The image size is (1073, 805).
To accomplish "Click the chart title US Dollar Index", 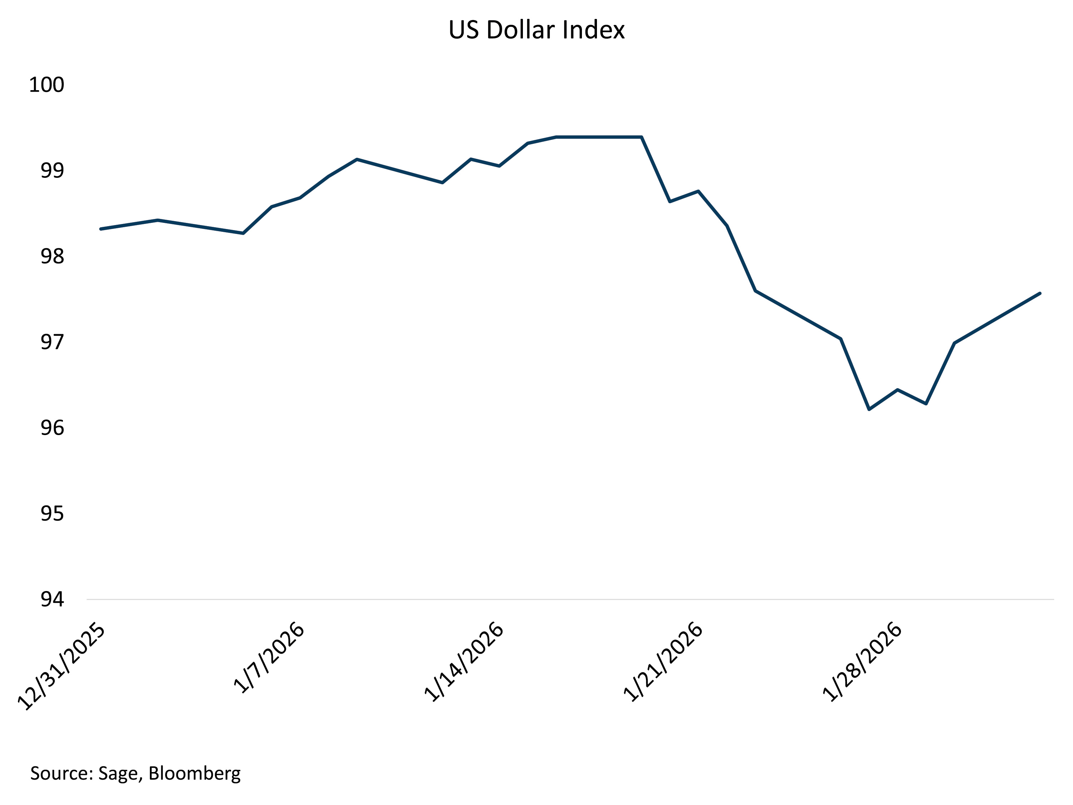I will pos(536,30).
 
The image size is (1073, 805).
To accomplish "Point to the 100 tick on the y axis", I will pos(46,85).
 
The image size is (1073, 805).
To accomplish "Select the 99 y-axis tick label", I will pos(52,171).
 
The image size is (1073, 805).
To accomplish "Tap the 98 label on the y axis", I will pos(52,257).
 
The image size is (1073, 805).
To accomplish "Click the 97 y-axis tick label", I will pos(52,343).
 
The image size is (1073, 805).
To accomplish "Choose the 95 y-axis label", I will pos(52,514).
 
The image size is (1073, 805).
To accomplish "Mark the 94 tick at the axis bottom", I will pos(52,600).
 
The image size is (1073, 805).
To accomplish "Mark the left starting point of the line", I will pos(101,229).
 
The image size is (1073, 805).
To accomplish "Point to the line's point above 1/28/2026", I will pos(898,390).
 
